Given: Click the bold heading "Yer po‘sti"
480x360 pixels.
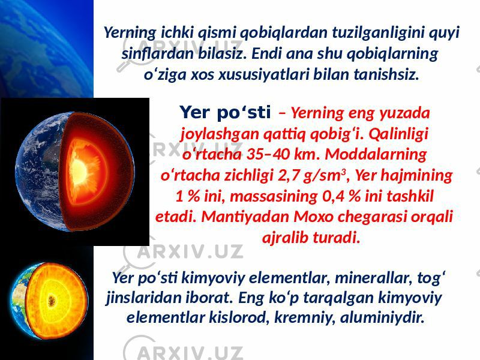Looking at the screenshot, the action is tap(225, 113).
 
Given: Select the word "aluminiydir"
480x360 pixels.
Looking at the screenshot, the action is tap(382, 317).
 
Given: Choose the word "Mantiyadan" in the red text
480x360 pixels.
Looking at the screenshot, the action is tap(245, 217).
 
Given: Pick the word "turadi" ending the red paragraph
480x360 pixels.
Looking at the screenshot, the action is tap(340, 238).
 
